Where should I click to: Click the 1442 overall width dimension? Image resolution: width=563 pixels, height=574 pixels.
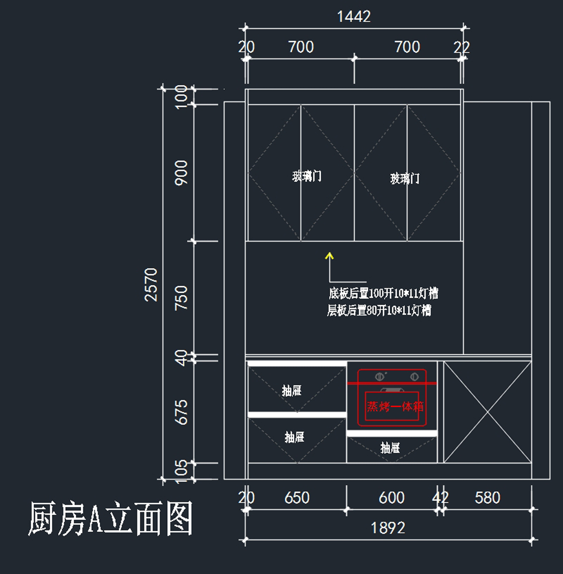(354, 17)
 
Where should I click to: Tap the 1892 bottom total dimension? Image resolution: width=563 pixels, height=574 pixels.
(388, 528)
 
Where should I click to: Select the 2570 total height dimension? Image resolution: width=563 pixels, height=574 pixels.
(151, 285)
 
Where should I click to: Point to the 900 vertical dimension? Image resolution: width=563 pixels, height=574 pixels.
(181, 173)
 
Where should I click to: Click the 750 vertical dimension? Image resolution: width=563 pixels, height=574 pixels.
(181, 298)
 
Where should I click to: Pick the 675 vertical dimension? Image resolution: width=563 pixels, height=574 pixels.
(181, 412)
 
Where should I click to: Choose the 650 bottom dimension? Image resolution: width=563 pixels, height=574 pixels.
(297, 498)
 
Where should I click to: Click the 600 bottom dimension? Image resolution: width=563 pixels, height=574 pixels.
(392, 498)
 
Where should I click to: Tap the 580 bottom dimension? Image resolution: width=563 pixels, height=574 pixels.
(487, 498)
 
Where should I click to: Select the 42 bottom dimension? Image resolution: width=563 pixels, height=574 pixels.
(440, 498)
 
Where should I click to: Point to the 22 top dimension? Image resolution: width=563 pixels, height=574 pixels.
(461, 47)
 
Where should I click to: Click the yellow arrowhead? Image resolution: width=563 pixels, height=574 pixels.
(329, 255)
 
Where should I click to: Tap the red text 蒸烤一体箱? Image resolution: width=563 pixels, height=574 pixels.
(395, 406)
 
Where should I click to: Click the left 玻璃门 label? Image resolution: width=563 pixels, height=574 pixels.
(306, 176)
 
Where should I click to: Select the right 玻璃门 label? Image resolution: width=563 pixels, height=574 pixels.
(405, 179)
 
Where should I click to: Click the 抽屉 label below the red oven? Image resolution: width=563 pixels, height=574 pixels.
(390, 448)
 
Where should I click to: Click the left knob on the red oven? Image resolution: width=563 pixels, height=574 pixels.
(380, 377)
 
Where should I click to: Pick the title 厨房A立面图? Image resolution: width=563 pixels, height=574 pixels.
(111, 518)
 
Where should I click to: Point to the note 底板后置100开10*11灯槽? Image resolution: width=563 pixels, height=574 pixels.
(384, 293)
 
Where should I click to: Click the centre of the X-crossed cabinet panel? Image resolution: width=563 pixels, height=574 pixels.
(487, 412)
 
